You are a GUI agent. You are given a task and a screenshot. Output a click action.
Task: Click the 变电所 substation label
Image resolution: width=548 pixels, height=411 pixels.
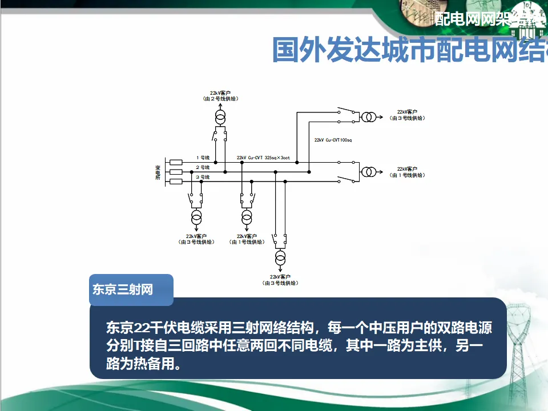(x=158, y=172)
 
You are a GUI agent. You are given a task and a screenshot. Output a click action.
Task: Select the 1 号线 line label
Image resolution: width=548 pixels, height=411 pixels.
(x=203, y=158)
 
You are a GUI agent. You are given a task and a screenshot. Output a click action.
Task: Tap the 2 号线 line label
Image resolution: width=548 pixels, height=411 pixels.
(x=203, y=167)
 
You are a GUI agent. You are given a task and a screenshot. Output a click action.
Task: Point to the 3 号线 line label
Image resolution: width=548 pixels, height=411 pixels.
(x=203, y=177)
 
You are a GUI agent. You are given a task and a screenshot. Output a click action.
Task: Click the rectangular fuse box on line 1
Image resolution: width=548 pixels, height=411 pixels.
(x=176, y=162)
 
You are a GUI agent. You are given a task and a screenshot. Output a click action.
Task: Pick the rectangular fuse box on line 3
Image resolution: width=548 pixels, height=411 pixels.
(x=176, y=182)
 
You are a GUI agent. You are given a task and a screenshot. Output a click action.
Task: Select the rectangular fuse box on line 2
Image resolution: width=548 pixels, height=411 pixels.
(x=176, y=172)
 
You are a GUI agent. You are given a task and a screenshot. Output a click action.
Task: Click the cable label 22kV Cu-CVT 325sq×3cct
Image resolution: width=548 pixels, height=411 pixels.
(x=263, y=158)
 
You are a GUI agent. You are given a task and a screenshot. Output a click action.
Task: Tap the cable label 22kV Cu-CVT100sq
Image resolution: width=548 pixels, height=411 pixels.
(x=333, y=140)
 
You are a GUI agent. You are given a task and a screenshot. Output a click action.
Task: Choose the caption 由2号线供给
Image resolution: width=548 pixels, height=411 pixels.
(x=220, y=98)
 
